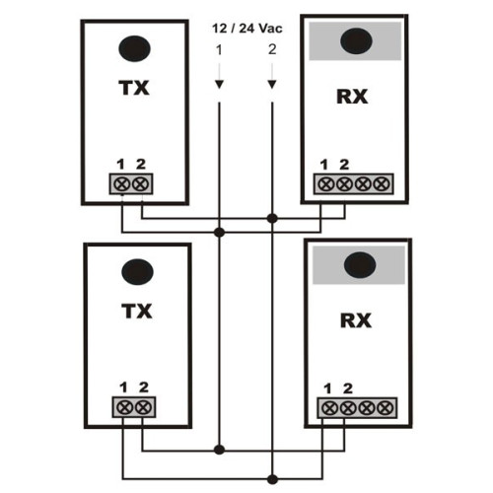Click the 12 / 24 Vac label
(x=247, y=29)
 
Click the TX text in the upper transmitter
(x=134, y=88)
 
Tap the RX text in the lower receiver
(x=356, y=320)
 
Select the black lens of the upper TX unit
(x=134, y=48)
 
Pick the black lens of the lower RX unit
(x=360, y=265)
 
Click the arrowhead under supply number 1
(x=219, y=85)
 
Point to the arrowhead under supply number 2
(x=272, y=85)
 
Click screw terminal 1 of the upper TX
(x=121, y=184)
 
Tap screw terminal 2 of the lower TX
(x=143, y=407)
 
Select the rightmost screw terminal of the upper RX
(x=382, y=184)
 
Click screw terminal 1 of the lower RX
(x=328, y=408)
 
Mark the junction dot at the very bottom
(x=272, y=479)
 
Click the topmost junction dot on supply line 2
(x=272, y=218)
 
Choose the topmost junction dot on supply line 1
(x=219, y=233)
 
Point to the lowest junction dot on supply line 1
(x=219, y=450)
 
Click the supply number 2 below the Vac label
(x=272, y=49)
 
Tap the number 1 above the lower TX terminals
(x=123, y=387)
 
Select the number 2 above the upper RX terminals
(x=344, y=165)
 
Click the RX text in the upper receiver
(x=352, y=97)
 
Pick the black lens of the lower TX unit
(x=137, y=272)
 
